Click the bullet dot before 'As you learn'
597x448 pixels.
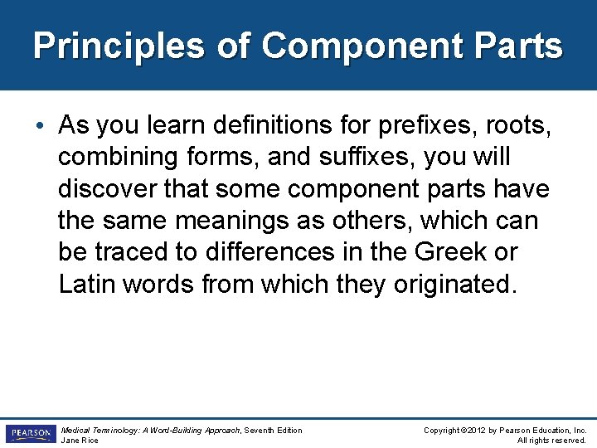(44, 126)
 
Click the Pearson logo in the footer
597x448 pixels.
(29, 434)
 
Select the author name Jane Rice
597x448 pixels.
(80, 441)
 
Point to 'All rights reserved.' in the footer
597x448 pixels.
(551, 441)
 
